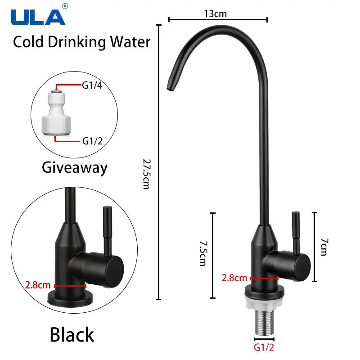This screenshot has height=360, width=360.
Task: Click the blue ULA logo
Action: [x=38, y=17]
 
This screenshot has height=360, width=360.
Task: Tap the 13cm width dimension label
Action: [x=216, y=14]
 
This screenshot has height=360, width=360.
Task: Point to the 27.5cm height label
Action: [x=147, y=174]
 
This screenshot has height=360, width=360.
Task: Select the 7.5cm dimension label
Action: [x=203, y=253]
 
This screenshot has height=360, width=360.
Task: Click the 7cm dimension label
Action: [x=324, y=247]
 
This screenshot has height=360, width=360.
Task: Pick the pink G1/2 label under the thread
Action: [x=264, y=347]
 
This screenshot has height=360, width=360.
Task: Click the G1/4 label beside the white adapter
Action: [x=92, y=85]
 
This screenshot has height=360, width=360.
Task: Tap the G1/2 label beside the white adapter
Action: [x=92, y=141]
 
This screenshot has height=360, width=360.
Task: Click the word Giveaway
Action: [x=75, y=168]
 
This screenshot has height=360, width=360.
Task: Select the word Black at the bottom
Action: [x=72, y=334]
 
